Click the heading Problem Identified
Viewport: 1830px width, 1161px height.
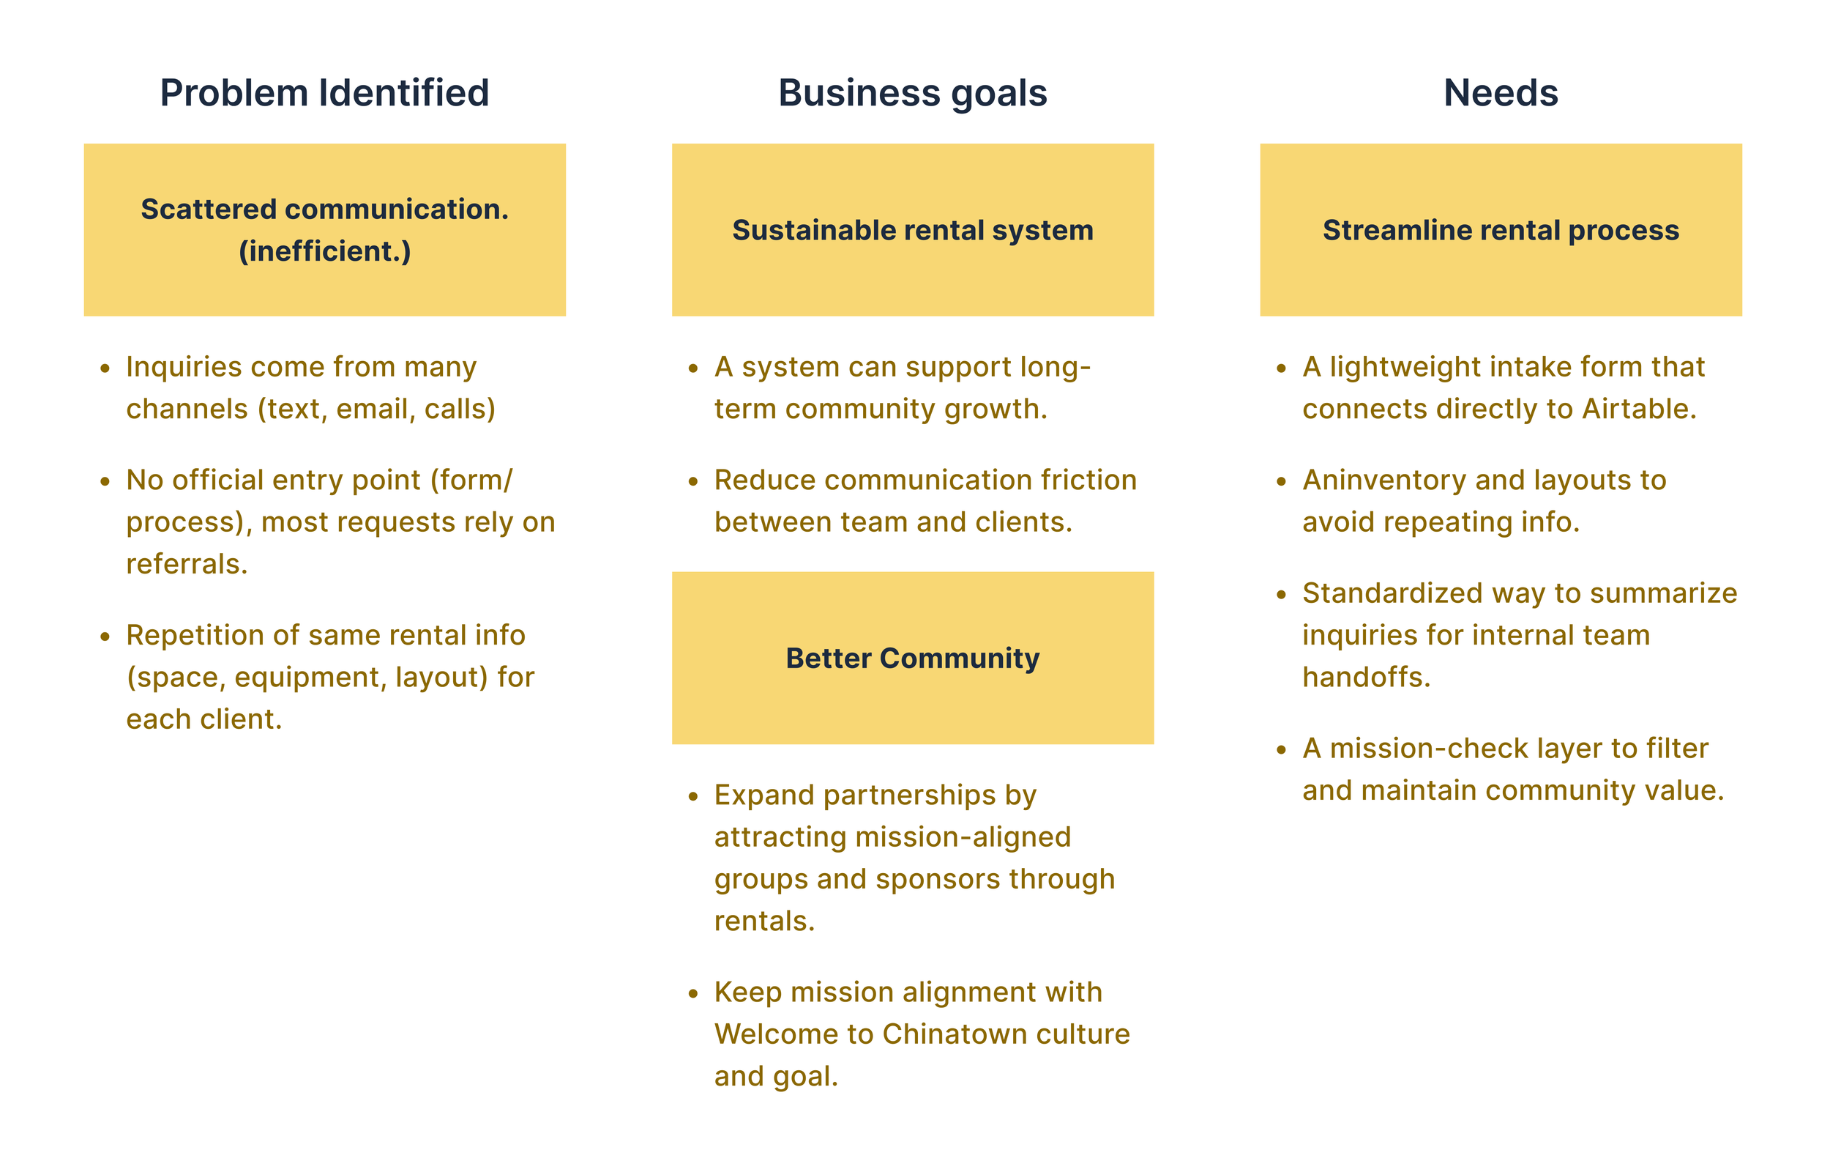click(x=324, y=93)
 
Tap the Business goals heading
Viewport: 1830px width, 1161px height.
click(x=912, y=93)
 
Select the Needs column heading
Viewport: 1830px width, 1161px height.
click(x=1500, y=93)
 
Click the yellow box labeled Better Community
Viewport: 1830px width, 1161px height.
click(x=912, y=658)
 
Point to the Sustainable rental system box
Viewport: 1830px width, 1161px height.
click(x=912, y=229)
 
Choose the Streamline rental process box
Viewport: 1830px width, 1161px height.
click(x=1500, y=229)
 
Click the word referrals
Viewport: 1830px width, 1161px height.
click(x=186, y=564)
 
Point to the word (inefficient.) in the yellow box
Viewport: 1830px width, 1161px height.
click(x=324, y=251)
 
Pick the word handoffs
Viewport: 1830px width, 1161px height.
click(x=1366, y=678)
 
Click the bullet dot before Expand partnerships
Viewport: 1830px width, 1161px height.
click(x=693, y=797)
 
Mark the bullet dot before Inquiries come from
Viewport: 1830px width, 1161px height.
click(x=105, y=368)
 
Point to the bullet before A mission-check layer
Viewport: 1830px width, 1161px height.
click(x=1281, y=750)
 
